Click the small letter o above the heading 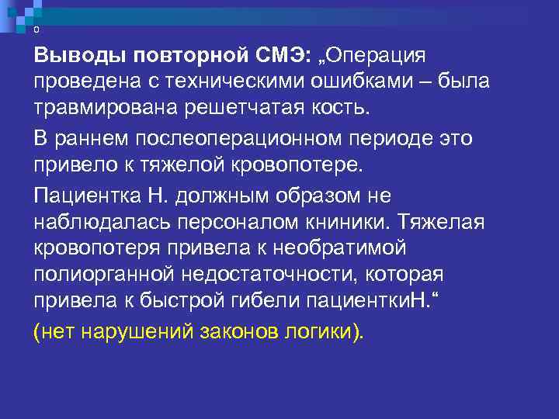click(x=36, y=29)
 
